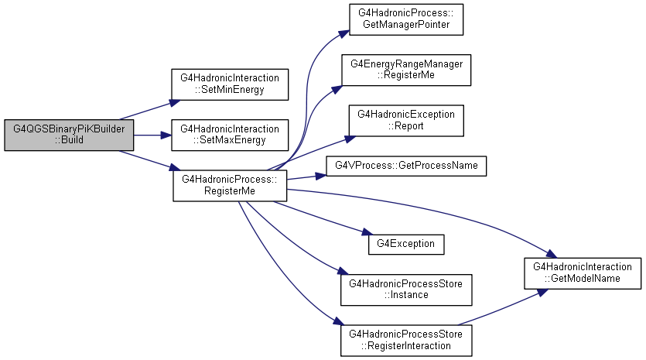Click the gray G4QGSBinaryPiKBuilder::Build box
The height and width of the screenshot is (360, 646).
coord(69,135)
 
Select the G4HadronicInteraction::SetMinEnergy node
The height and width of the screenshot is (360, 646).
coord(230,84)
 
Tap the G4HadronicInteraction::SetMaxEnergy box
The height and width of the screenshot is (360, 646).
coord(230,135)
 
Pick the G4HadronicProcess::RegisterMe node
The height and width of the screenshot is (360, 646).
coord(230,186)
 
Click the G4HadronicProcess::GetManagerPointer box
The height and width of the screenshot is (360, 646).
coord(406,19)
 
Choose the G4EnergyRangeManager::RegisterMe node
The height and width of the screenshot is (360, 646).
coord(406,70)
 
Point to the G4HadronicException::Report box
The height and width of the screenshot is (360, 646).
coord(406,121)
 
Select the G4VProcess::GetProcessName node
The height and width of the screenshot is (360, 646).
coord(406,166)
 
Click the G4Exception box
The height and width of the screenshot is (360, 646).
coord(406,244)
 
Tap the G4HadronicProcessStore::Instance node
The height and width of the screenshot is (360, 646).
coord(406,290)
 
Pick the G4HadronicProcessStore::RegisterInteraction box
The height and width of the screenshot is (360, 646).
coord(406,341)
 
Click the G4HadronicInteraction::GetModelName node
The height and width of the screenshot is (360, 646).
coord(583,273)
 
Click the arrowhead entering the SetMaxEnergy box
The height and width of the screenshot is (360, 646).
coord(166,135)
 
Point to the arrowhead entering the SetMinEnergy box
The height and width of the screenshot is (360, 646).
coord(175,102)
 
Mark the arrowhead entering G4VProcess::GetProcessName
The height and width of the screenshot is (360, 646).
coord(321,176)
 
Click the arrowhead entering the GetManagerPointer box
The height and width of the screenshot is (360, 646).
coord(344,34)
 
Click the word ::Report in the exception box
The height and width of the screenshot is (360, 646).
coord(406,126)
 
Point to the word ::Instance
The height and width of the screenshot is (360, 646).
coord(406,295)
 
